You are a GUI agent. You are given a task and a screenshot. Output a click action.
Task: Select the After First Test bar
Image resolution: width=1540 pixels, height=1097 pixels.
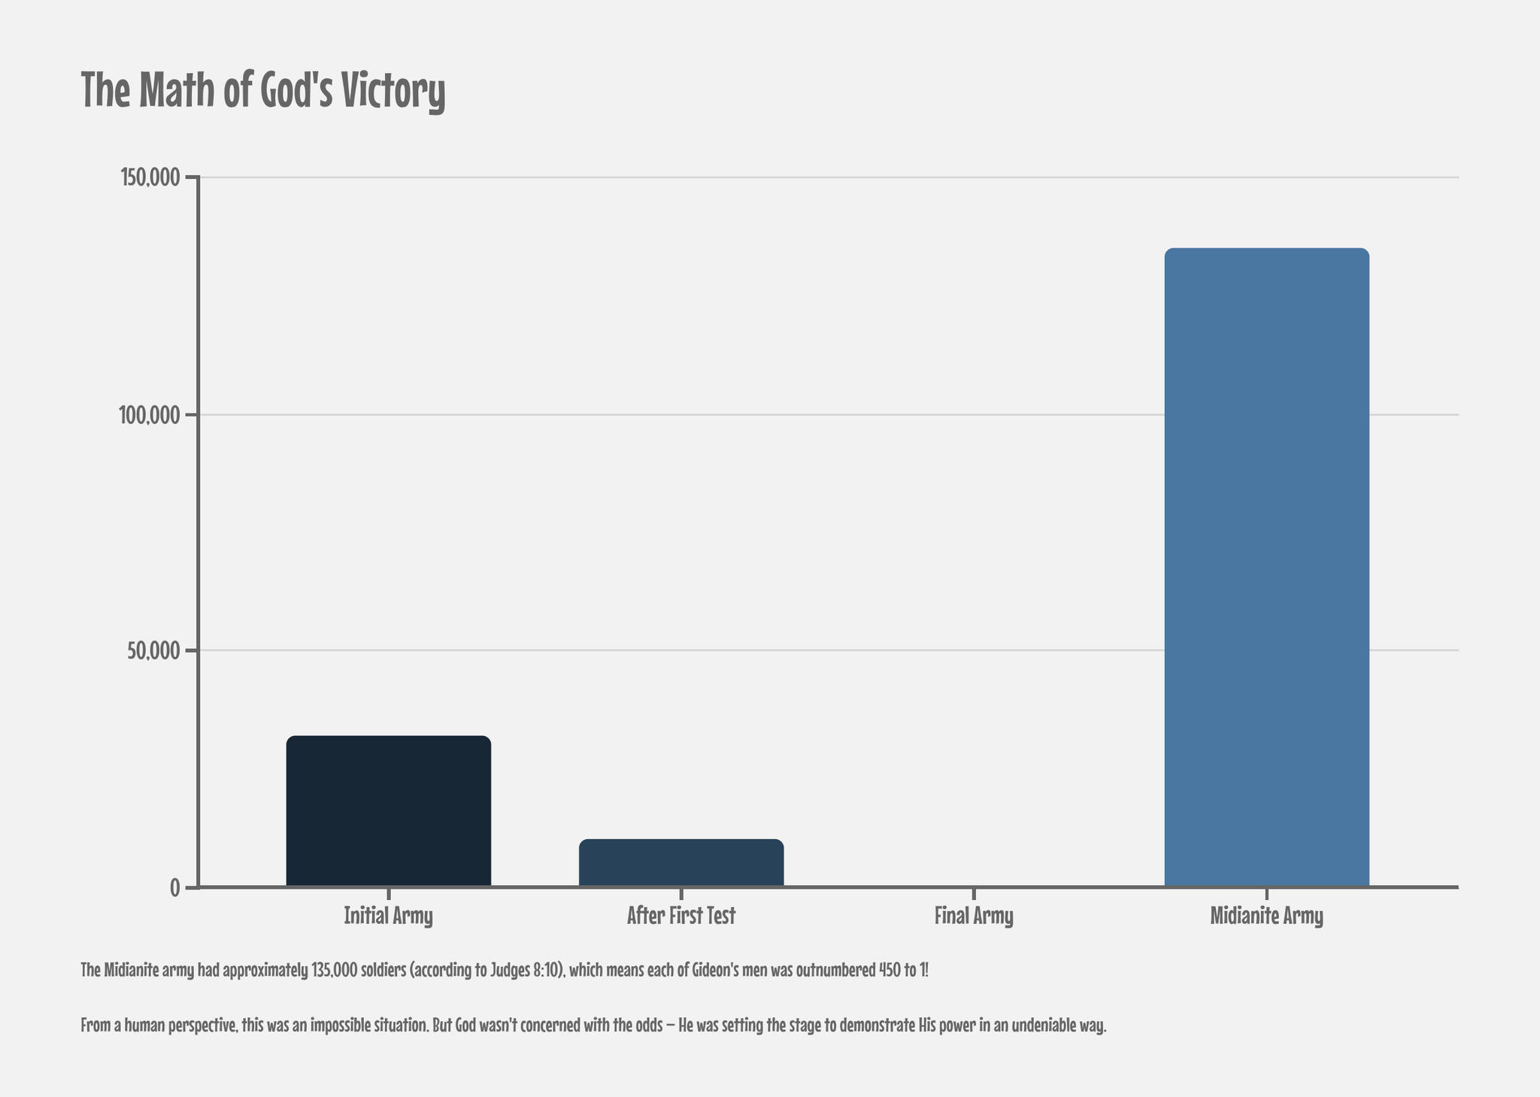(x=681, y=862)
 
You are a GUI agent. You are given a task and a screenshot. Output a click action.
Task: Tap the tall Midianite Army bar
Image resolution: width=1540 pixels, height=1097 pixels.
(x=1266, y=567)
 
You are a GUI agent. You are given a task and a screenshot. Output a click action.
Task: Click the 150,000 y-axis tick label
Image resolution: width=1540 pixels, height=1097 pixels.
(x=150, y=177)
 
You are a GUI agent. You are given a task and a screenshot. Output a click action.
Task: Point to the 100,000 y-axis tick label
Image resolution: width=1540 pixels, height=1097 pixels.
(x=150, y=414)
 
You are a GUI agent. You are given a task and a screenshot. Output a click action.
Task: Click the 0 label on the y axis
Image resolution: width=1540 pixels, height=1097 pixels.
(x=174, y=887)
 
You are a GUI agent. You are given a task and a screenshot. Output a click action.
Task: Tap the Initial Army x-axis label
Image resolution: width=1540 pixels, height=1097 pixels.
(x=388, y=916)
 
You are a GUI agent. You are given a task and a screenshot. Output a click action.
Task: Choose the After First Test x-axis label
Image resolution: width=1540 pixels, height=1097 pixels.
(x=681, y=916)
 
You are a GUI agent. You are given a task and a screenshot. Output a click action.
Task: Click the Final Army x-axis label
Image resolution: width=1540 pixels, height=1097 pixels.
(x=974, y=916)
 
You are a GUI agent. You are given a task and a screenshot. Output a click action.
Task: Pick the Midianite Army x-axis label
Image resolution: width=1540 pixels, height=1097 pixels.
(x=1266, y=916)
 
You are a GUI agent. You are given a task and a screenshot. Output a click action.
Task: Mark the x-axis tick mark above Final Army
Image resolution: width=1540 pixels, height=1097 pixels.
(x=974, y=894)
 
